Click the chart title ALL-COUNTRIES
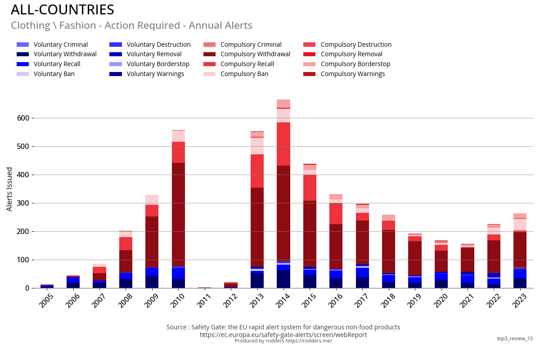(62, 10)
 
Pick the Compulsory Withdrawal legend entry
(255, 54)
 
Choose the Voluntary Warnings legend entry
(155, 74)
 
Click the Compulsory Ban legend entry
(244, 74)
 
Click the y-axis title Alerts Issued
(9, 189)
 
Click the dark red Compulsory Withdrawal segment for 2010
(178, 214)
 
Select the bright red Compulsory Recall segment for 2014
(283, 144)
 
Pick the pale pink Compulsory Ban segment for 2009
(152, 200)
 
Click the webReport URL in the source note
(283, 335)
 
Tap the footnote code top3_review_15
(515, 338)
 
